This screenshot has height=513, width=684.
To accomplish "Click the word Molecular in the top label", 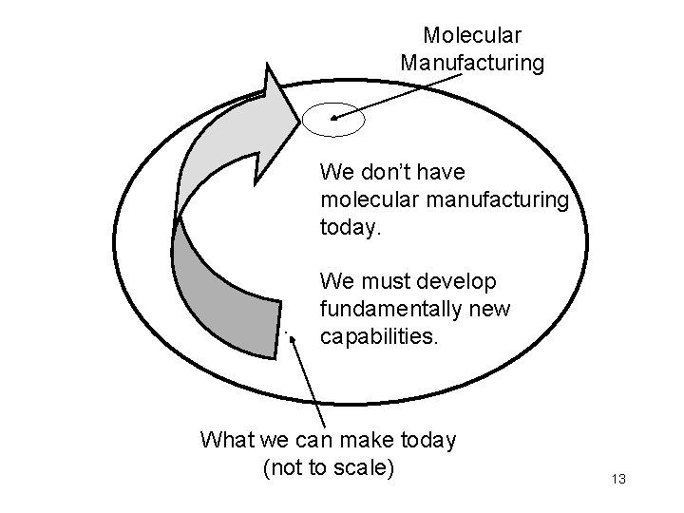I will (x=472, y=36).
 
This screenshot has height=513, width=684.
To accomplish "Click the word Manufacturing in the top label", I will (x=472, y=64).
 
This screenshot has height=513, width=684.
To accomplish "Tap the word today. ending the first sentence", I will (x=350, y=229).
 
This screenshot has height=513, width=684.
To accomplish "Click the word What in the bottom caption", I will (x=228, y=441).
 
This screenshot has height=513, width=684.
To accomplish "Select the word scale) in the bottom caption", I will (x=365, y=468).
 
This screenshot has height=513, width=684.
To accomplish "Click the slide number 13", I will (x=619, y=479).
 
